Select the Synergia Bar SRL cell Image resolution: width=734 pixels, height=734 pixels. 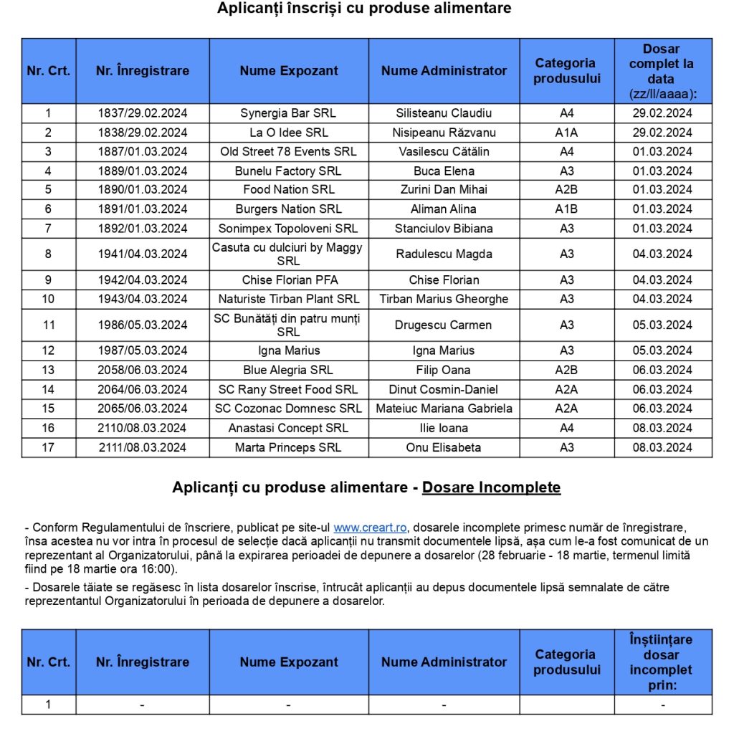pos(288,113)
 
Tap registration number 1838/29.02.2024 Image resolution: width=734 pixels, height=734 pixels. pos(143,133)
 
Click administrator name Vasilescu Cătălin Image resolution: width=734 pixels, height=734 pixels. pos(444,151)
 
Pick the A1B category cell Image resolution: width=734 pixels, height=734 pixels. pos(566,209)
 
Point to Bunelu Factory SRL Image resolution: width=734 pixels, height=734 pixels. pos(288,171)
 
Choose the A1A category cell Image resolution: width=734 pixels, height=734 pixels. pos(566,133)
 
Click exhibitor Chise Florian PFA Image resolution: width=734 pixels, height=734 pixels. pos(288,280)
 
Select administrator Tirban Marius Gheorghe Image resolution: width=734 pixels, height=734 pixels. pos(444,299)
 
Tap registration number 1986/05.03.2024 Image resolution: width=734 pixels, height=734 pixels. pos(143,325)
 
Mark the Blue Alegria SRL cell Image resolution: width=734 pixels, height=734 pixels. pos(288,370)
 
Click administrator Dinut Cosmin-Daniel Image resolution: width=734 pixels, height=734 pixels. pos(444,389)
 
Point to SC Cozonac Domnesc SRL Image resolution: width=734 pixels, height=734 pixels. pos(288,409)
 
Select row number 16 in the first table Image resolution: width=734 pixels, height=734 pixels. pos(49,428)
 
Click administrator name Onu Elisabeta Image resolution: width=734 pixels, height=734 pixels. pos(444,447)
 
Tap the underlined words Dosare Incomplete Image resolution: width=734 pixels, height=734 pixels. pos(491,487)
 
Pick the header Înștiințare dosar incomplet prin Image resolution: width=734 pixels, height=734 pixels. pos(662,662)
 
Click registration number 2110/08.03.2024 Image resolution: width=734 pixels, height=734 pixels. pos(143,428)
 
